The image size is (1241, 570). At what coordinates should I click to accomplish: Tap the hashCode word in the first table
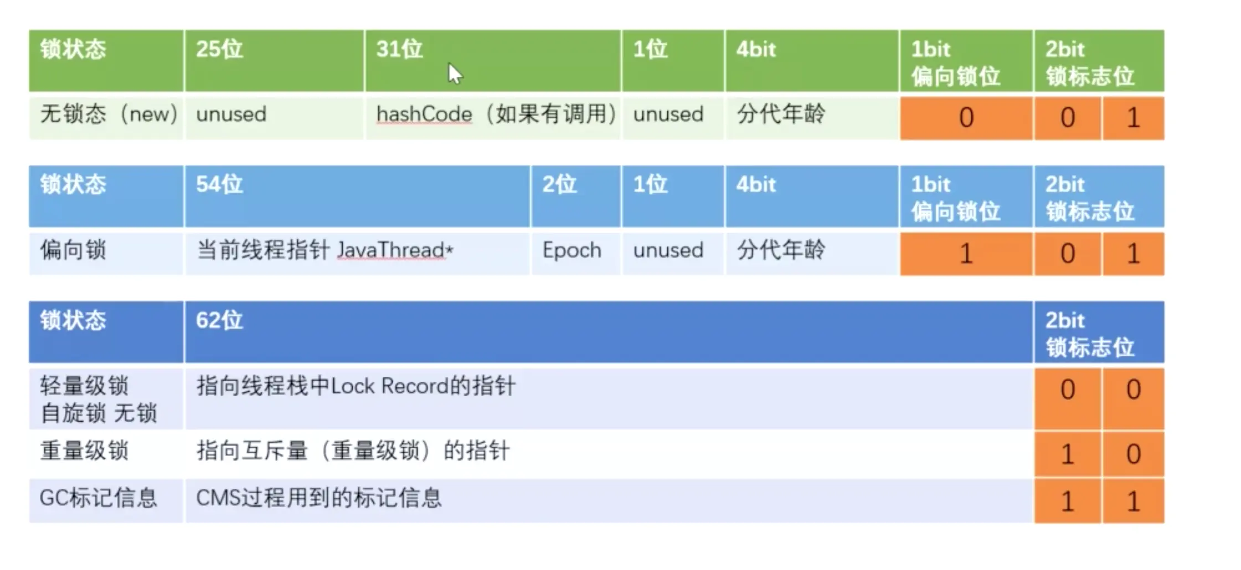coord(424,115)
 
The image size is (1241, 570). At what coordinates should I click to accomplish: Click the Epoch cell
coord(572,250)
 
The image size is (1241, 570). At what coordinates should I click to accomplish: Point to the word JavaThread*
coord(395,250)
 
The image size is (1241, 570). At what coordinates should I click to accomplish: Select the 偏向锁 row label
coord(73,250)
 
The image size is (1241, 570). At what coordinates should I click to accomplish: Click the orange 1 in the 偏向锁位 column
coord(966,253)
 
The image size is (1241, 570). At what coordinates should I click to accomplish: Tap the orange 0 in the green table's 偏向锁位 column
coord(966,117)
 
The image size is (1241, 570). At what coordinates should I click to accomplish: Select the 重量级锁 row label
coord(84,451)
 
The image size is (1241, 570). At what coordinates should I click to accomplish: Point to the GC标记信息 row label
coord(99,498)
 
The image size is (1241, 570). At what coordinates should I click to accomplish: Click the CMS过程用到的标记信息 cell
coord(319,498)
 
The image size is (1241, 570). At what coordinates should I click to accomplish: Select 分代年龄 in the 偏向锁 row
coord(781,250)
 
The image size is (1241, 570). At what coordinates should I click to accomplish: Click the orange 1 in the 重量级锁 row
coord(1067,454)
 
